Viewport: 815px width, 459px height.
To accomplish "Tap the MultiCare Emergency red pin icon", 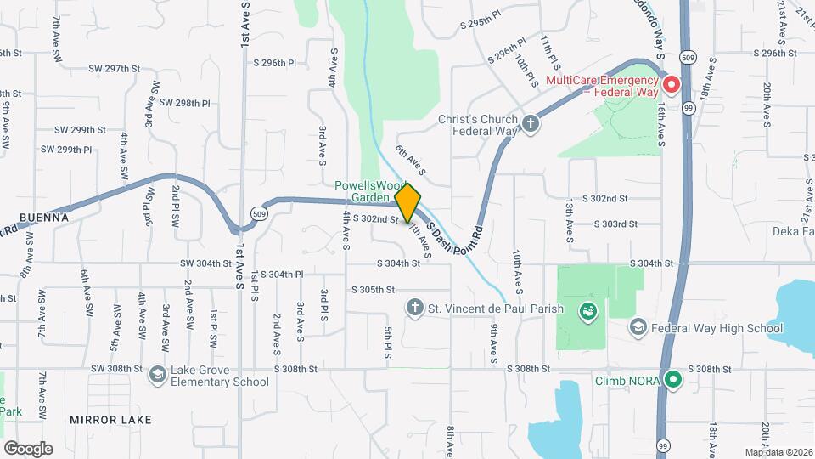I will click(x=671, y=84).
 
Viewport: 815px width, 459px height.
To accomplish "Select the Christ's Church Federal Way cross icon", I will click(x=531, y=125).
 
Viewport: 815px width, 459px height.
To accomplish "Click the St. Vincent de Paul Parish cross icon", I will click(x=415, y=308).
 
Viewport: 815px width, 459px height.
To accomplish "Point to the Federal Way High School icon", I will click(x=638, y=327).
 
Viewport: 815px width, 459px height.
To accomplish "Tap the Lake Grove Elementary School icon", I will click(x=157, y=375).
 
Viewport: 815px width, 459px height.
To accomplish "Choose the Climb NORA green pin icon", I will click(x=673, y=379).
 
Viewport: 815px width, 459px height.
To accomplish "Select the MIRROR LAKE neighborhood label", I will click(x=110, y=420).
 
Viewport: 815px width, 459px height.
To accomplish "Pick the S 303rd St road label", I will click(x=615, y=224).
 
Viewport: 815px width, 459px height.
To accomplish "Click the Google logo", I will click(x=28, y=448).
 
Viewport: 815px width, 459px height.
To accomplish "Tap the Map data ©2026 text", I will click(x=778, y=452).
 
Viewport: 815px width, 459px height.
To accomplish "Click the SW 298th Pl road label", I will click(x=180, y=103).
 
